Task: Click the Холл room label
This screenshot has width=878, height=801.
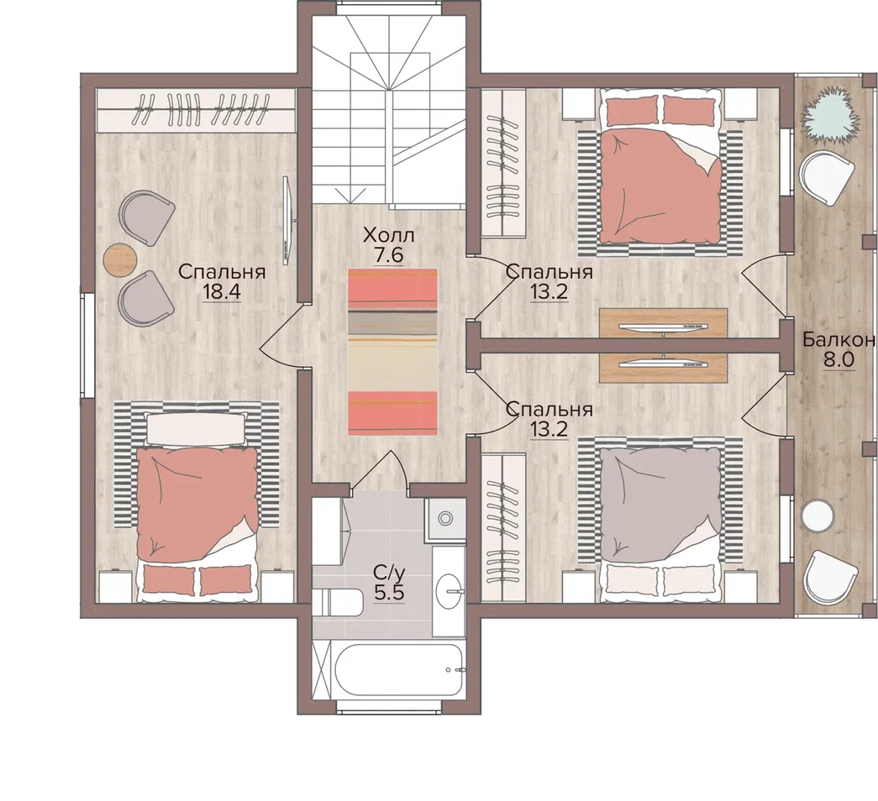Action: coord(388,234)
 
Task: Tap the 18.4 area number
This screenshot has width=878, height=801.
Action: coord(222,291)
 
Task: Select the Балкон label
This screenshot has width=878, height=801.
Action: coord(838,339)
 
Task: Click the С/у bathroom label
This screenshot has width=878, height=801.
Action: coord(389,573)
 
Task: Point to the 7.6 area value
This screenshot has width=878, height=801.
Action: coord(389,255)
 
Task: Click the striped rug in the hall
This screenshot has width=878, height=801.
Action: coord(392,352)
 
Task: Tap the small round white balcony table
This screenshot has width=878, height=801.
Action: coord(818,516)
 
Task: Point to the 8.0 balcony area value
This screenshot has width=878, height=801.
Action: coord(838,359)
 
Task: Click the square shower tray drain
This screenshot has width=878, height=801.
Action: coord(445,519)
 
